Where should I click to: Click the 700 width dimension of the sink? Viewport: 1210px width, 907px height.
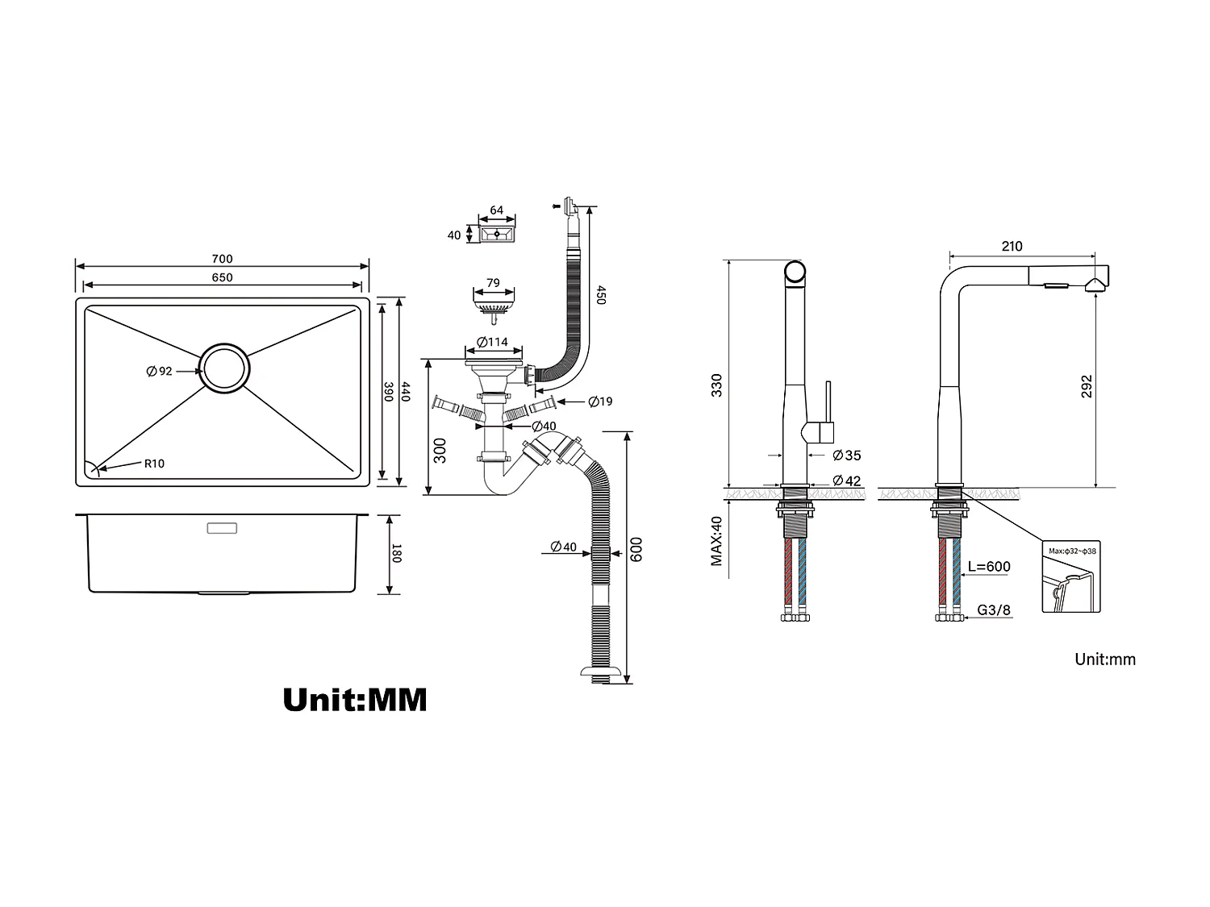tap(222, 259)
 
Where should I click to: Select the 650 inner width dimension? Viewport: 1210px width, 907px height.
tap(222, 277)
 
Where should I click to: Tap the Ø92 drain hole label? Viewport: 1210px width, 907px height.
tap(159, 371)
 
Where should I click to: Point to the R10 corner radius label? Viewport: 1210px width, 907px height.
tap(154, 464)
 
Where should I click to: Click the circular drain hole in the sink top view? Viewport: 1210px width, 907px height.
tap(225, 368)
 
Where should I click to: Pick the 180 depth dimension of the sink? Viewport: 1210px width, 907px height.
tap(395, 555)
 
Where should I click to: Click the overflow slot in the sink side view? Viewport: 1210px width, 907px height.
tap(222, 529)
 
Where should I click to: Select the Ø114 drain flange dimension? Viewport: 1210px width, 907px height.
tap(492, 342)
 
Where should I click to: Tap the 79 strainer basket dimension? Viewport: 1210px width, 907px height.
tap(493, 283)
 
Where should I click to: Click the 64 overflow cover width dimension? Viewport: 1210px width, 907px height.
tap(496, 210)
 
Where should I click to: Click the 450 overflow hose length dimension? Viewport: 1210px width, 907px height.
tap(600, 295)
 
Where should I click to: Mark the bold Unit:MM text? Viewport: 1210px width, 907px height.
tap(355, 699)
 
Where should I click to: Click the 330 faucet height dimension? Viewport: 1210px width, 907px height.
tap(716, 385)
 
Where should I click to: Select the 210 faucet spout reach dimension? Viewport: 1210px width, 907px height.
tap(1012, 247)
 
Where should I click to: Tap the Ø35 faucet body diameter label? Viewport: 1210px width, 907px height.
tap(846, 456)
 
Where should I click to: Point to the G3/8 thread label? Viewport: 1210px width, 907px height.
tap(994, 610)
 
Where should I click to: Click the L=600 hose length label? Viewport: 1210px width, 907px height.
tap(988, 567)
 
